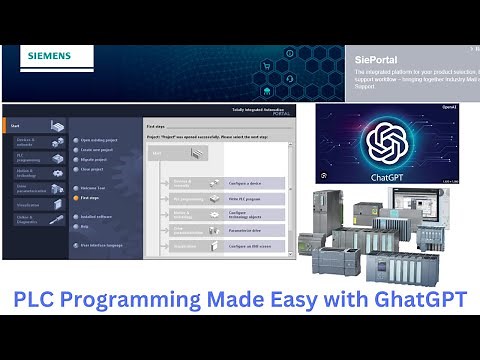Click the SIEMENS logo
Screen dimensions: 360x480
[49, 55]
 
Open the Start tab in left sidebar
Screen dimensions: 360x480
[17, 126]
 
